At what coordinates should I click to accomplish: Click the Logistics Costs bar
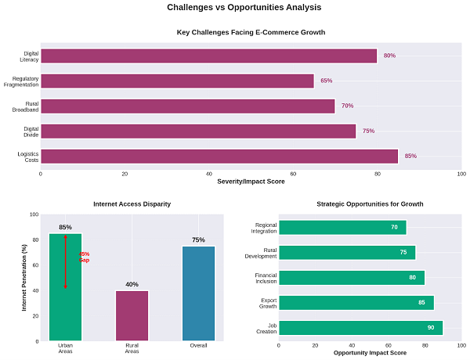219,156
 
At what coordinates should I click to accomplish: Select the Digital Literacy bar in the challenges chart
208,56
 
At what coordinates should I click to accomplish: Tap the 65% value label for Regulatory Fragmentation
326,81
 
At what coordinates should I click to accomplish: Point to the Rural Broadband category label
26,106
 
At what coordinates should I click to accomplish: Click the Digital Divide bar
198,131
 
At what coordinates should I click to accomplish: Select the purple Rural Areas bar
132,315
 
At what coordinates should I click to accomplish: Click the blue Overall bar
198,293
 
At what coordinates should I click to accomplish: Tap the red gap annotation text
85,257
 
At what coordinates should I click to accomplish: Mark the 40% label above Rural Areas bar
132,284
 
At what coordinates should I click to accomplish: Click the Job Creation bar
360,328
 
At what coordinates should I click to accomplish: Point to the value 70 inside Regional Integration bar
394,228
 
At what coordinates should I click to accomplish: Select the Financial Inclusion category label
266,278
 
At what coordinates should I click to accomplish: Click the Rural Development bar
347,253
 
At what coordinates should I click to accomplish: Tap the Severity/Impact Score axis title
251,182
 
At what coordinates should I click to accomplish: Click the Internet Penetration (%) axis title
24,278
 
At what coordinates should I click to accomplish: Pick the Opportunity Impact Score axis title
370,353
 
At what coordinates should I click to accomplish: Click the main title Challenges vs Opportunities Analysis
244,8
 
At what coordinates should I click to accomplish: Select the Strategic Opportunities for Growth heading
370,203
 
